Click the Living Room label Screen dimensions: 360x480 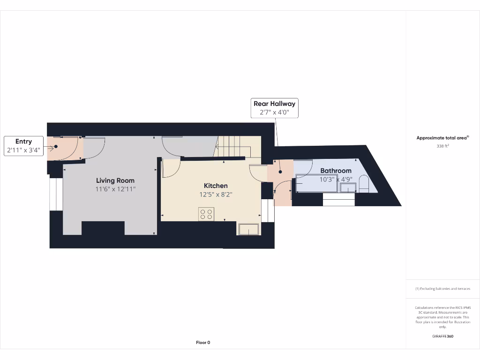coord(115,180)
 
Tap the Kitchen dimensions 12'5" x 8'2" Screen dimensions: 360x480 coord(216,195)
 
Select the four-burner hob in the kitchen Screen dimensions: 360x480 coord(206,214)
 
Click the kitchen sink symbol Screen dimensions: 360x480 coord(249,229)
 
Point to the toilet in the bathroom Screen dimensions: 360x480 coord(364,184)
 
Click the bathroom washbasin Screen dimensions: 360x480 coord(348,188)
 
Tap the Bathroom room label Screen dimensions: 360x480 coord(336,171)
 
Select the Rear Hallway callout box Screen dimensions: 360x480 coord(274,108)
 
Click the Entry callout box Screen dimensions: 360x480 coord(23,146)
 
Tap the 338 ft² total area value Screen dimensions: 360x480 coord(442,146)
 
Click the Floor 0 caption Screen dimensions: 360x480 coord(203,343)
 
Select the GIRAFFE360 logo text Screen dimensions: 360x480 coord(442,336)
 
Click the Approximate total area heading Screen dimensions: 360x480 coord(442,138)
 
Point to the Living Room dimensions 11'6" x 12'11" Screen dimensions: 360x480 coord(115,189)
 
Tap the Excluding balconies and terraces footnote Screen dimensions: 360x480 coord(442,289)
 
